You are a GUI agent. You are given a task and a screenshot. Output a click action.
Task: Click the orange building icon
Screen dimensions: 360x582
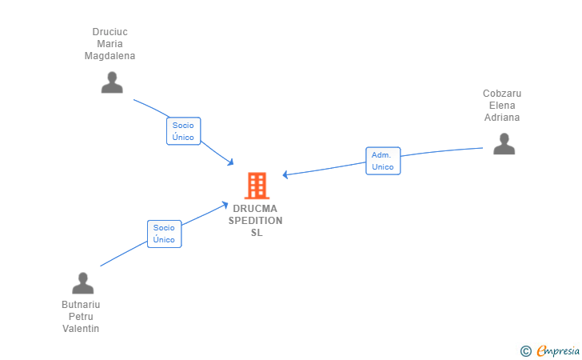coord(256,186)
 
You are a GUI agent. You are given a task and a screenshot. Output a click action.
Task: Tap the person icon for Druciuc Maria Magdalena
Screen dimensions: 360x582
coord(112,82)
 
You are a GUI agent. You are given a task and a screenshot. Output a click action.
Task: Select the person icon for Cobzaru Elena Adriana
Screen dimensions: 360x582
coord(504,144)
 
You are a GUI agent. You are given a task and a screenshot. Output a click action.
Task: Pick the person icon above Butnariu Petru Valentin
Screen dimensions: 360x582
coord(83,283)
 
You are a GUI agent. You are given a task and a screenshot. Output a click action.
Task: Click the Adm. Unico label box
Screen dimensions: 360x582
coord(383,161)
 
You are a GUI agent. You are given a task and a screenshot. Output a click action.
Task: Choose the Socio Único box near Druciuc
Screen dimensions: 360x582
coord(183,131)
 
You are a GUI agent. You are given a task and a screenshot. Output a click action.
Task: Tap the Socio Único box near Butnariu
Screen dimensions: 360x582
coord(164,233)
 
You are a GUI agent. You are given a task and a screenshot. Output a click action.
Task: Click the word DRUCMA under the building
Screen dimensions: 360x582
coord(256,209)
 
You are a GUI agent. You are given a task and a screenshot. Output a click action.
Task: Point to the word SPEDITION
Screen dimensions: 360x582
coord(256,221)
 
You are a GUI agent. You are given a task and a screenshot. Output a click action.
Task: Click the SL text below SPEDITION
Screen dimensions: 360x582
coord(256,233)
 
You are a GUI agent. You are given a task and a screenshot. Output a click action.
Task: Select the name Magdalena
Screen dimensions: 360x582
coord(110,56)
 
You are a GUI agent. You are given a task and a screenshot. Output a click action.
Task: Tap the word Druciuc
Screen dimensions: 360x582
coord(110,32)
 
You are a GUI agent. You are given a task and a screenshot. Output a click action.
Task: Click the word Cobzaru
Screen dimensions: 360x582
coord(502,94)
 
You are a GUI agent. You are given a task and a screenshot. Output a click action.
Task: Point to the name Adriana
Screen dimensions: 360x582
coord(502,118)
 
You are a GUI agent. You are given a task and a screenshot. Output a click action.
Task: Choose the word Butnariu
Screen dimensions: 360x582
coord(81,305)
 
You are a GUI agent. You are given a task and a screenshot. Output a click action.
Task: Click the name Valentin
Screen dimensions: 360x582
coord(81,329)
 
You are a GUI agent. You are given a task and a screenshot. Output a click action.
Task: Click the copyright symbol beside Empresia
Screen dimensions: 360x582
coord(526,350)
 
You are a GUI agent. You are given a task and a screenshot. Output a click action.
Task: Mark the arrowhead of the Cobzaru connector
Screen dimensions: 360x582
coord(285,174)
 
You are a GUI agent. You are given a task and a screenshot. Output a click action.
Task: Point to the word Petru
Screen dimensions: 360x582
coord(81,317)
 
